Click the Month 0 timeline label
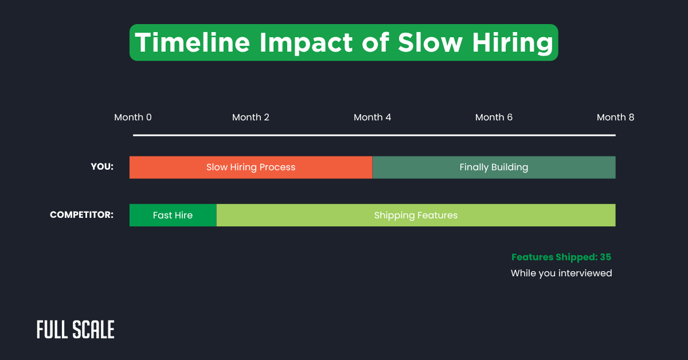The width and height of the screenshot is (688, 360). click(x=133, y=118)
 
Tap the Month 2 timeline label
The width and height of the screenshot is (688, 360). click(x=251, y=118)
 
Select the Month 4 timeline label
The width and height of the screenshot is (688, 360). click(x=372, y=118)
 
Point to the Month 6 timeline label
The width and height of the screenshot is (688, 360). click(x=494, y=118)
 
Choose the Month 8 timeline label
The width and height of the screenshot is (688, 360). click(x=615, y=118)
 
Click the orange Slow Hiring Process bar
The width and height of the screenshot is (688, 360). click(x=251, y=167)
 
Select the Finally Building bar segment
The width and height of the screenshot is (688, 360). click(x=494, y=167)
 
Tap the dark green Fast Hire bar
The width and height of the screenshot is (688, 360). click(x=173, y=216)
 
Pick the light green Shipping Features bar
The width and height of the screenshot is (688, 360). click(x=416, y=216)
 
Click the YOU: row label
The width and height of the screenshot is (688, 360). click(x=102, y=167)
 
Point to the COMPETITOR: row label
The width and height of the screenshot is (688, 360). click(x=81, y=215)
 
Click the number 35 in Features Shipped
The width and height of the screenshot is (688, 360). click(x=605, y=257)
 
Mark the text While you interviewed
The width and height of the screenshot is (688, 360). click(x=561, y=273)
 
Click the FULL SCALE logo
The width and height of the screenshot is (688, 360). click(x=76, y=330)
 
